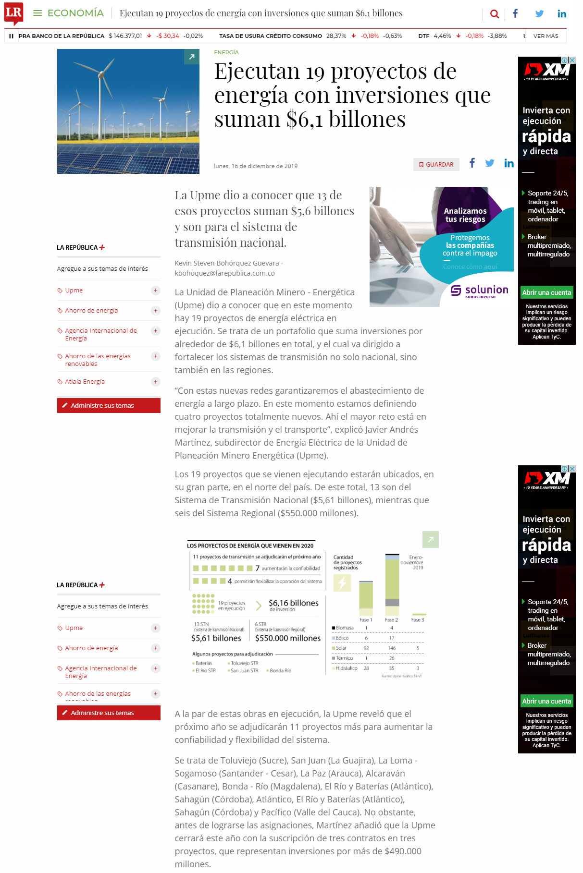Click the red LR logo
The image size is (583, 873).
pyautogui.click(x=13, y=13)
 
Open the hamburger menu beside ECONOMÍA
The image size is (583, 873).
pyautogui.click(x=37, y=13)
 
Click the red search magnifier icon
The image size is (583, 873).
pyautogui.click(x=494, y=14)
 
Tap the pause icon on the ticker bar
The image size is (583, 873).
pyautogui.click(x=11, y=36)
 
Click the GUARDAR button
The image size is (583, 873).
pyautogui.click(x=436, y=164)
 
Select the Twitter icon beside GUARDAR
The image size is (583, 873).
pyautogui.click(x=490, y=163)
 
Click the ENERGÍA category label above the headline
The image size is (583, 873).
pyautogui.click(x=226, y=52)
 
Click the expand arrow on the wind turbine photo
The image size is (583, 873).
pyautogui.click(x=191, y=57)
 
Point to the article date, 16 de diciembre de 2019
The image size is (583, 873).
pyautogui.click(x=256, y=166)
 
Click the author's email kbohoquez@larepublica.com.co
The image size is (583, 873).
pyautogui.click(x=224, y=273)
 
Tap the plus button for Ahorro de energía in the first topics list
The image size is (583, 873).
pyautogui.click(x=155, y=311)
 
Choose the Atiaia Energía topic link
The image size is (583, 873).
pyautogui.click(x=85, y=382)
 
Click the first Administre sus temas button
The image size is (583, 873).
pyautogui.click(x=109, y=405)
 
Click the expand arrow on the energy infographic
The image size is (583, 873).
pyautogui.click(x=430, y=540)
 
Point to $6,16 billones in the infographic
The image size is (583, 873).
pyautogui.click(x=293, y=603)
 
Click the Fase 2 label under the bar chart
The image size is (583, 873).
pyautogui.click(x=391, y=620)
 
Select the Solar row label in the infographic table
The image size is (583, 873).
pyautogui.click(x=341, y=648)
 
